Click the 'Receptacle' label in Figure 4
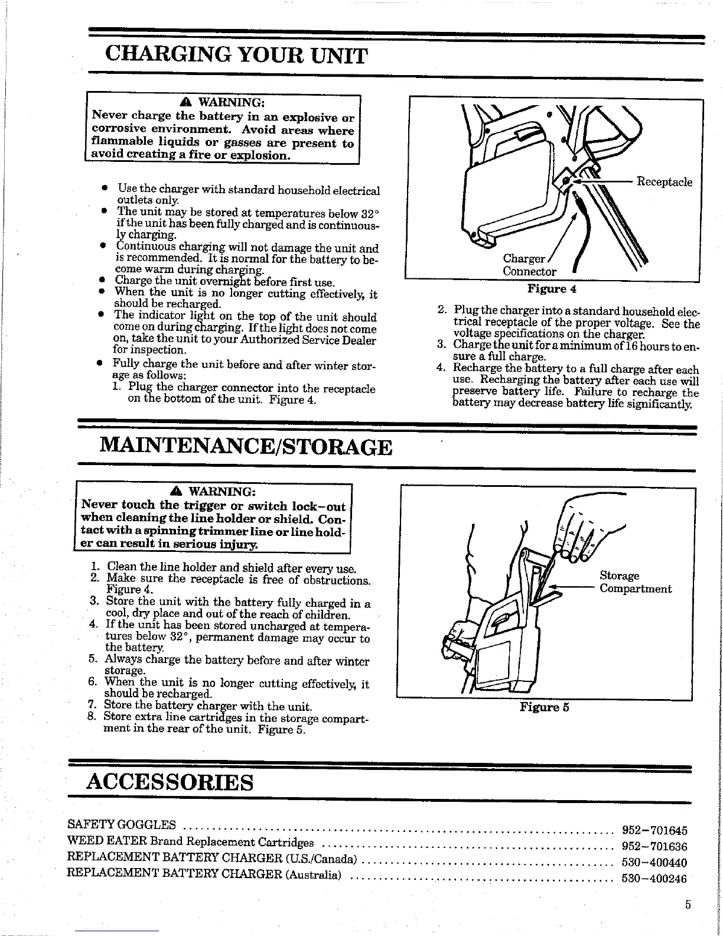tap(663, 181)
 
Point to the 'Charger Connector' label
tap(529, 265)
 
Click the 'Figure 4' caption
tap(552, 289)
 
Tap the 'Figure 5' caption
tap(544, 707)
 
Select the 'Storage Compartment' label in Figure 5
tap(635, 582)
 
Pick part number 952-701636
tap(655, 846)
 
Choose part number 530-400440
tap(655, 862)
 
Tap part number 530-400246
tap(655, 878)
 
